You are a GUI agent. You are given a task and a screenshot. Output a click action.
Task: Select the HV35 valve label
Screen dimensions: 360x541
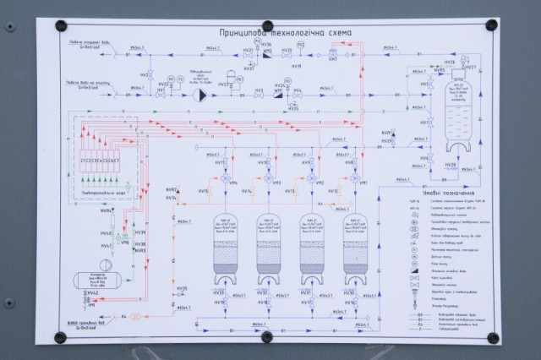(182, 289)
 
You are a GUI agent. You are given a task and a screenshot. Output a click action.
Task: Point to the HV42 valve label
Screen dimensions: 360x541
(85, 292)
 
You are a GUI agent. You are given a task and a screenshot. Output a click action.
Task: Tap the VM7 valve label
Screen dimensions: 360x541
(332, 59)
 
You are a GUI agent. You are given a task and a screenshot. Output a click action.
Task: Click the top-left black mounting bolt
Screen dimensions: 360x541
(60, 26)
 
